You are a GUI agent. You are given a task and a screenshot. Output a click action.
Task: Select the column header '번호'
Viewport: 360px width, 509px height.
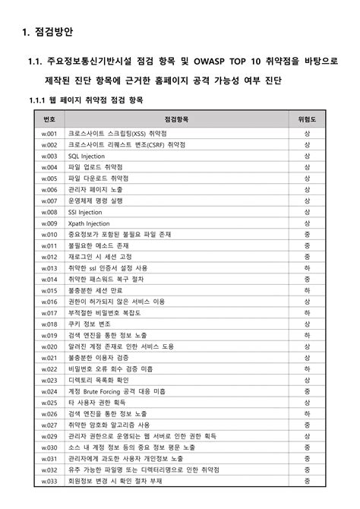[x=49, y=120]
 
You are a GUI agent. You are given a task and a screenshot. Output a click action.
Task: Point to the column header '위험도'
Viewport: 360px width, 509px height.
[x=307, y=120]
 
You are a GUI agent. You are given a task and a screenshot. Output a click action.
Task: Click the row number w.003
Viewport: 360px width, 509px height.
[x=49, y=156]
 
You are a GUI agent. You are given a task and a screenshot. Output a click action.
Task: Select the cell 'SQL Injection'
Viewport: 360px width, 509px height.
[x=87, y=156]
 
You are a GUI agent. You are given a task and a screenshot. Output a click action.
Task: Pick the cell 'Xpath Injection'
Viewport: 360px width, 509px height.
[x=89, y=223]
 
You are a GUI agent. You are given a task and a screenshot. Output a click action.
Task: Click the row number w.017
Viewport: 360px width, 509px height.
[x=49, y=313]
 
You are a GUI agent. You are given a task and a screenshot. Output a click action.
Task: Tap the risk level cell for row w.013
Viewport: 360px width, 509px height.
[x=307, y=268]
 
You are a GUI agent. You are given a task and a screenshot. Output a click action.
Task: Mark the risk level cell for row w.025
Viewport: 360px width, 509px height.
[x=307, y=403]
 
